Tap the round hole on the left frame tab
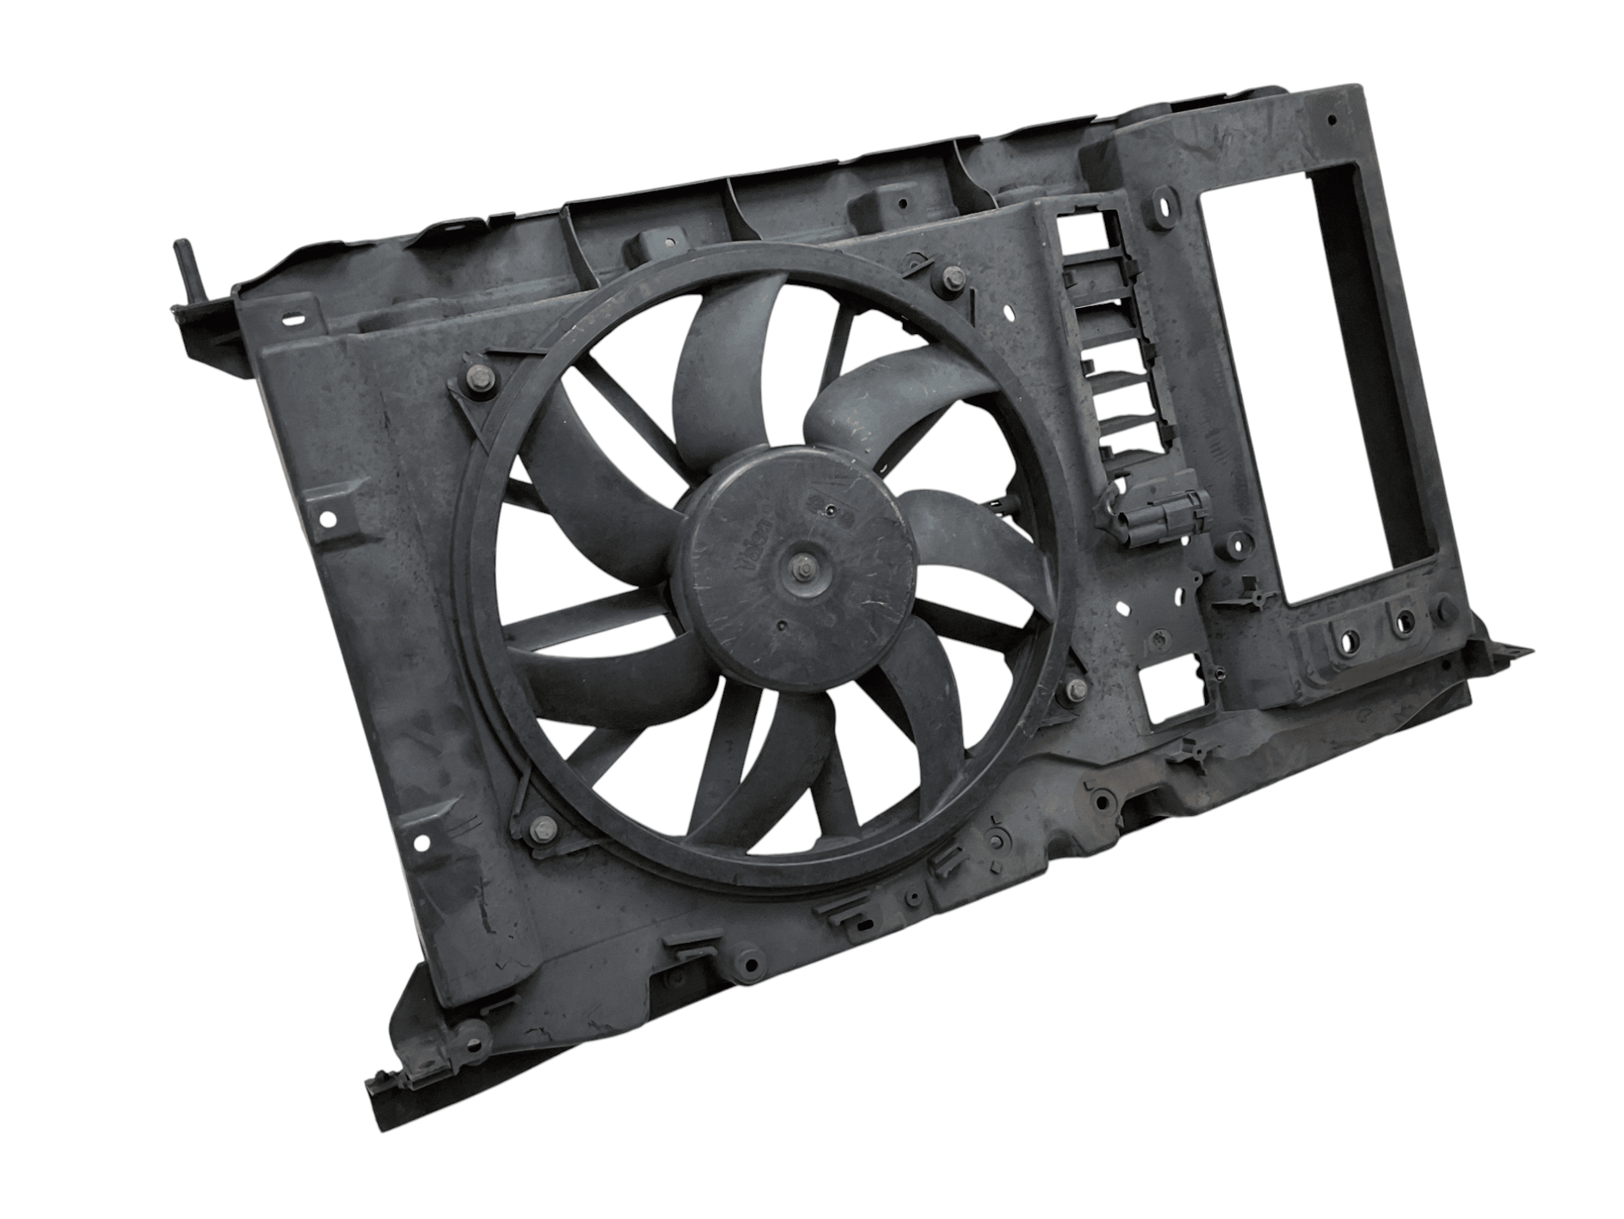328,519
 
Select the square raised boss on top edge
651,243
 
